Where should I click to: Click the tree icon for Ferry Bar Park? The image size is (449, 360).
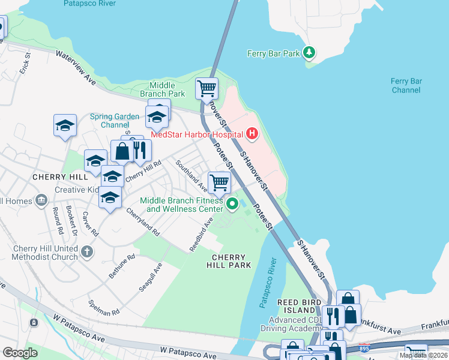[309, 53]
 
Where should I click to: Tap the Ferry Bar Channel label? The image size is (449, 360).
[406, 85]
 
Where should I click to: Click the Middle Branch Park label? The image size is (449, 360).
[162, 89]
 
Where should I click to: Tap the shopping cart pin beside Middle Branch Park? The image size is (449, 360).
[206, 88]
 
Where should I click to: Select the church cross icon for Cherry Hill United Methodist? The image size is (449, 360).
[88, 251]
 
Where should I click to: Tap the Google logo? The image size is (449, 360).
[20, 352]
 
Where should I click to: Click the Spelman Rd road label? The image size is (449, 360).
[104, 308]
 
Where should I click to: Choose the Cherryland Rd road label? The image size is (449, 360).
[143, 221]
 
